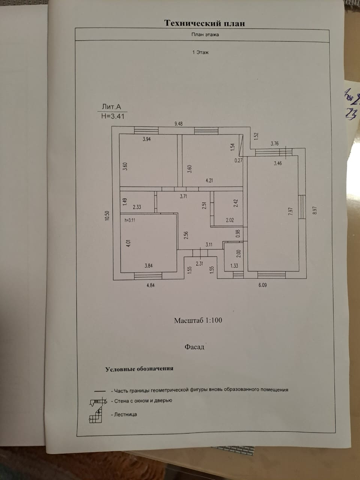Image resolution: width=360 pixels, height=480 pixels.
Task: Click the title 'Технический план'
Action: [204, 23]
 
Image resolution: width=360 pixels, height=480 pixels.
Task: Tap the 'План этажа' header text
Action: [205, 34]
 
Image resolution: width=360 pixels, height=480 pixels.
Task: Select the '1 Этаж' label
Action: [200, 52]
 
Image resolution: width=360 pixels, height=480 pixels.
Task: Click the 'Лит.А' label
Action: [111, 106]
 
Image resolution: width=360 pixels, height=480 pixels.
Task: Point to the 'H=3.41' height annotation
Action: [112, 116]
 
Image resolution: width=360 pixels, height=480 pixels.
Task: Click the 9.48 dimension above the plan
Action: [178, 123]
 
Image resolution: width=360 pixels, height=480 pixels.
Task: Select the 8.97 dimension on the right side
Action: [314, 210]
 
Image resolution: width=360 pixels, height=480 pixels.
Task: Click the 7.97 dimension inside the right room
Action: [290, 211]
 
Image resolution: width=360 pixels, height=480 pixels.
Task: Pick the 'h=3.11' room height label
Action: [129, 220]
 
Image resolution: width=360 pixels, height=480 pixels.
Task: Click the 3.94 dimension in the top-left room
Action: [147, 139]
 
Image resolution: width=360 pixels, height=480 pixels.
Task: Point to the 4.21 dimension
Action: [209, 181]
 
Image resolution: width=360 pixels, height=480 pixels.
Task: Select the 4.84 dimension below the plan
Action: [150, 285]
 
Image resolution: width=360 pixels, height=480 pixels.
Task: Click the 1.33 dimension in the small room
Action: [234, 266]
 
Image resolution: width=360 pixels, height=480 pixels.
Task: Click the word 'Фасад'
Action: [194, 347]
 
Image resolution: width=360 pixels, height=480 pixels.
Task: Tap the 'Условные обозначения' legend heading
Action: [139, 369]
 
